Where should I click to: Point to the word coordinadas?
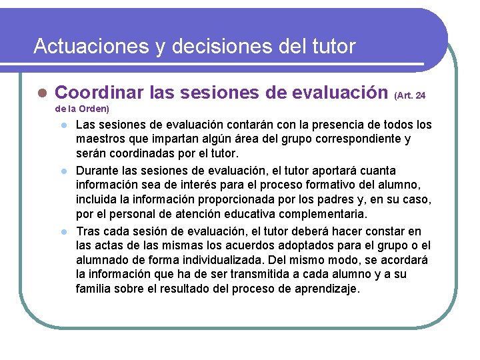(139, 154)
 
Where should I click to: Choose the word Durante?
(97, 170)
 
